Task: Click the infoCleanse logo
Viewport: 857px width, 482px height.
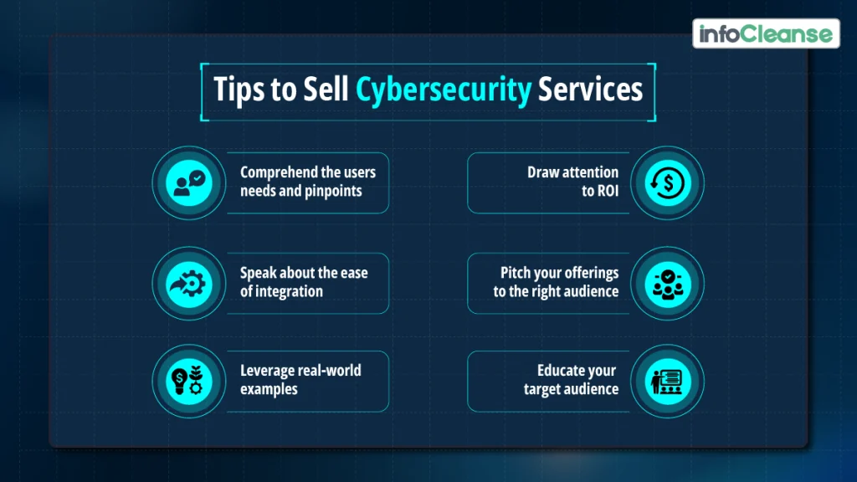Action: click(766, 34)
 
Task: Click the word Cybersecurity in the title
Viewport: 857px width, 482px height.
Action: click(444, 89)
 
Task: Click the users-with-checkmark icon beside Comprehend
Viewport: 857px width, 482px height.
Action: click(188, 183)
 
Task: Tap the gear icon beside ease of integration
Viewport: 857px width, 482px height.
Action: click(188, 283)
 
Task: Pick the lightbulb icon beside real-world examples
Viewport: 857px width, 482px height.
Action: click(188, 381)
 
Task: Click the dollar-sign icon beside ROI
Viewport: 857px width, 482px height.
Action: click(667, 183)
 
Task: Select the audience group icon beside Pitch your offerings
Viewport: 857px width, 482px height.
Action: click(667, 283)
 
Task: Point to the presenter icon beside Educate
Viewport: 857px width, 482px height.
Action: click(667, 381)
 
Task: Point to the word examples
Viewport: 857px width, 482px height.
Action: click(269, 389)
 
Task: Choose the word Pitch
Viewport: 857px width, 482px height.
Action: click(517, 274)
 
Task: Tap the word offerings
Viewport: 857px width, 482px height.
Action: click(590, 274)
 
